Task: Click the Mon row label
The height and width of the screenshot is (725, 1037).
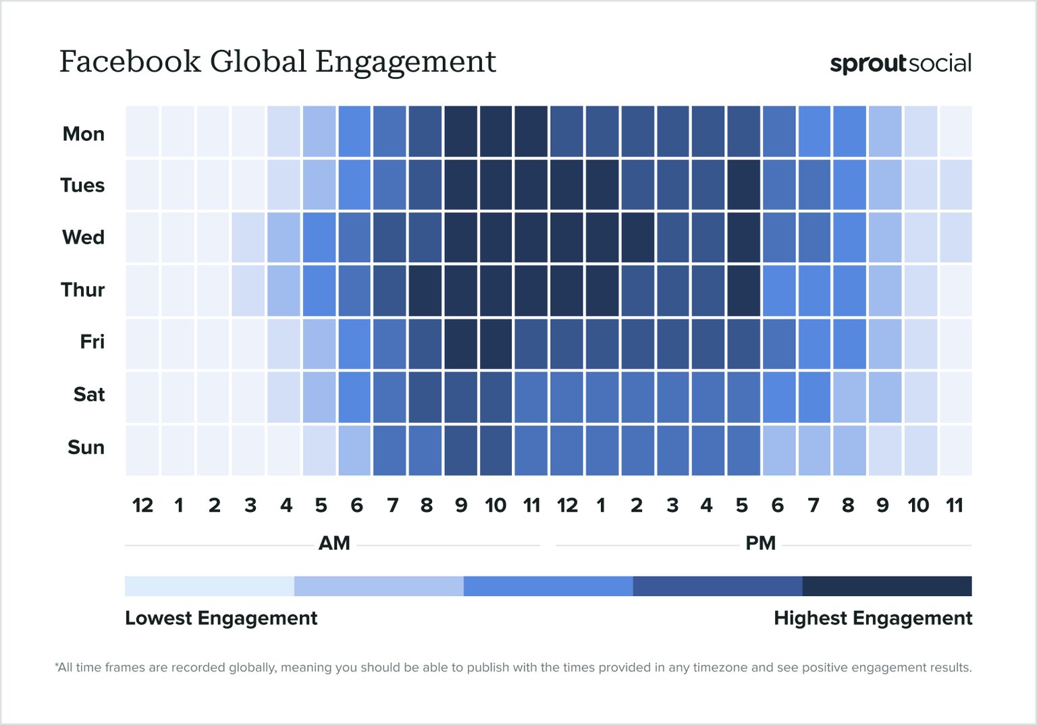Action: [83, 134]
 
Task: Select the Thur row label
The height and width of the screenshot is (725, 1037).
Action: [82, 289]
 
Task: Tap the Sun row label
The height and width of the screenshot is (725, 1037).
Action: [86, 447]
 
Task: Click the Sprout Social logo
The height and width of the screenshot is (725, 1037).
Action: [900, 63]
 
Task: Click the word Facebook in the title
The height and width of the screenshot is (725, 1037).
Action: [130, 61]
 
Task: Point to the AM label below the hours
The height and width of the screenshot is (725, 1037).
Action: [334, 543]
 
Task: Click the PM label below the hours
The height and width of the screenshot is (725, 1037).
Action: [760, 543]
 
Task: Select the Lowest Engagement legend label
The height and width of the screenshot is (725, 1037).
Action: [221, 618]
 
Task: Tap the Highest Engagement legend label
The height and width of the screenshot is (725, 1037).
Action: [872, 618]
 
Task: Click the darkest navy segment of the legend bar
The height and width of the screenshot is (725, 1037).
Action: [886, 586]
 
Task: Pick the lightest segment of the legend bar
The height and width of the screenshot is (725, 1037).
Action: [209, 586]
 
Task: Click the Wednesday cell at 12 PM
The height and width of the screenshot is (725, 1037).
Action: [566, 237]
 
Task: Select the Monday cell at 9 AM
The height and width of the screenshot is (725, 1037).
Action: [461, 132]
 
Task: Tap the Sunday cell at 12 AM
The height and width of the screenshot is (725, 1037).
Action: [142, 450]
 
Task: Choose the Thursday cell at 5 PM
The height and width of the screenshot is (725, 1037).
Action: [744, 291]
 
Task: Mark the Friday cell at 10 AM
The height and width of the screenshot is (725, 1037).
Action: [496, 343]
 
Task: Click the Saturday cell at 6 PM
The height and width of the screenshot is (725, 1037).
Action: [779, 397]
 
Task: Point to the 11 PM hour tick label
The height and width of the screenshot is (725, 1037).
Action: [954, 505]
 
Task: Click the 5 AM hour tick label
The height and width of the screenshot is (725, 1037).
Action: [321, 505]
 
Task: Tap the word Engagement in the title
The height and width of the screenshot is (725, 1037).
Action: [405, 61]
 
